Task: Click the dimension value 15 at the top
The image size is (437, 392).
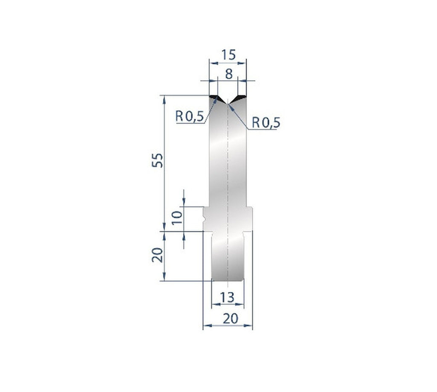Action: tap(228, 55)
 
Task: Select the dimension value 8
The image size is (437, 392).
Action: tap(229, 74)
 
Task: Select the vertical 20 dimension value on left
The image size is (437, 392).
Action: tap(157, 256)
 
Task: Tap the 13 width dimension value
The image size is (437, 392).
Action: tap(228, 297)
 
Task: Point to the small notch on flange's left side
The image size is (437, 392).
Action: tap(205, 219)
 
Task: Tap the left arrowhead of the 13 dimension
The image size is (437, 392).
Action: tap(215, 304)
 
